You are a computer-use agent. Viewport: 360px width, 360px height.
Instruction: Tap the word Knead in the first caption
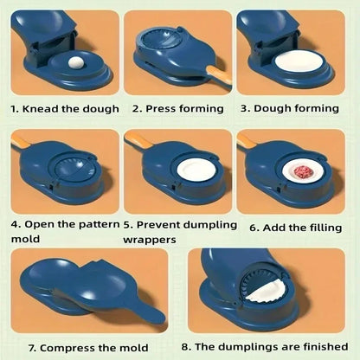44,109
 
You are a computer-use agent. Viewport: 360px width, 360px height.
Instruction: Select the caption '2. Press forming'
177,109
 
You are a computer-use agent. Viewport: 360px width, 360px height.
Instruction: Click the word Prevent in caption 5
170,222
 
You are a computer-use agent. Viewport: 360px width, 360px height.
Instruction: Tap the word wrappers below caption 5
150,239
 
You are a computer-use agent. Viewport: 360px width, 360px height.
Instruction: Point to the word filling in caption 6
328,228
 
